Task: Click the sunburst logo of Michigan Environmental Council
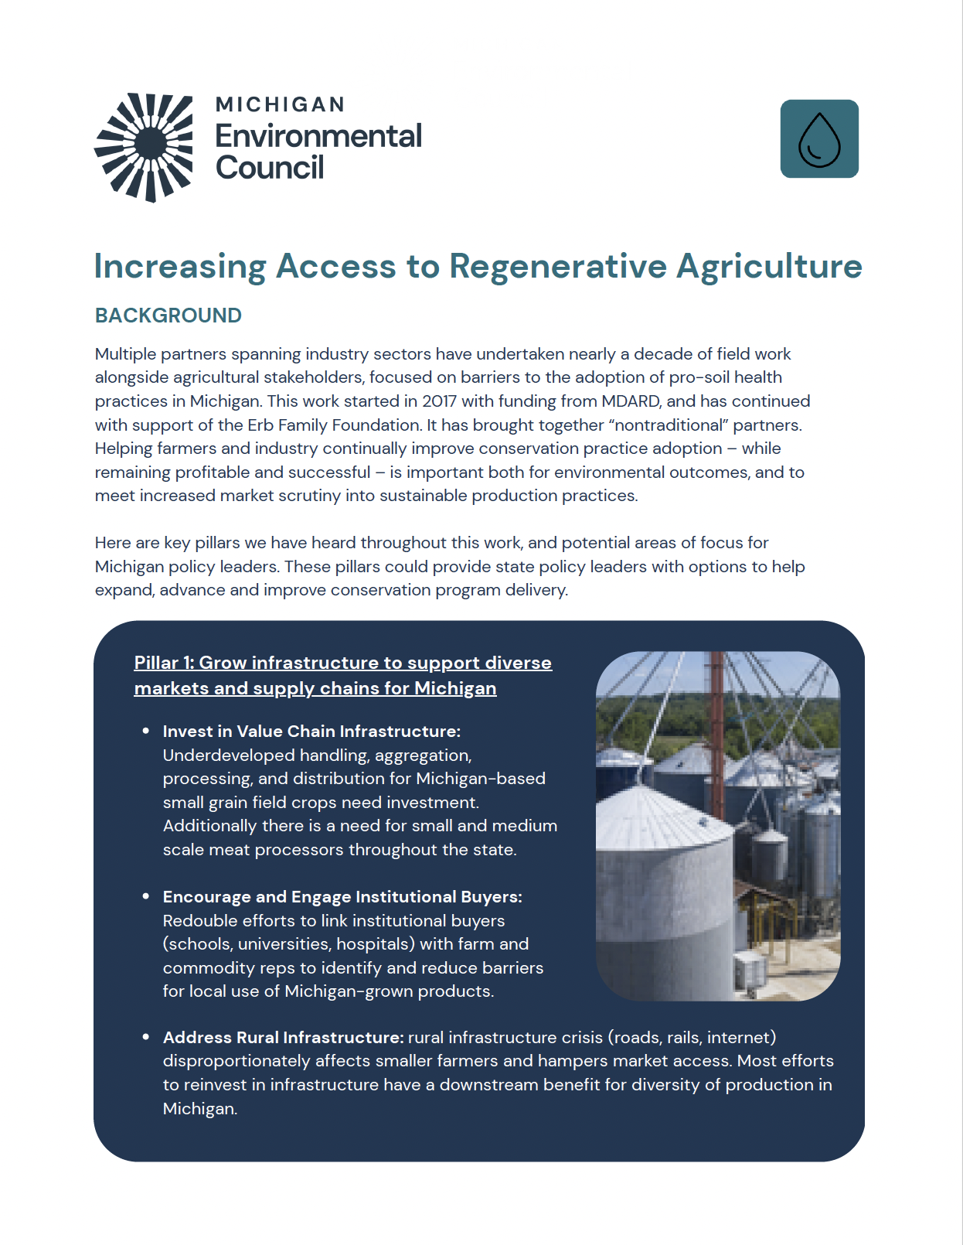[x=145, y=147]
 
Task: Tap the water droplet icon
[x=819, y=139]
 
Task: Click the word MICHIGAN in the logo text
[x=280, y=104]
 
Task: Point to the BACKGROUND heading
[x=168, y=316]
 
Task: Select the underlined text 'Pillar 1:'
[x=164, y=663]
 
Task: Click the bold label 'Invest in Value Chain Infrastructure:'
[x=311, y=732]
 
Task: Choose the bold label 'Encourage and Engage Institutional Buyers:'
[x=342, y=897]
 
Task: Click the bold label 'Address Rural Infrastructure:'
[x=283, y=1038]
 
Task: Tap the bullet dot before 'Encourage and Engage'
[x=146, y=896]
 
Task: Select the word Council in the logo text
[x=270, y=168]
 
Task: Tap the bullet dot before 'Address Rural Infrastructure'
[x=146, y=1037]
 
